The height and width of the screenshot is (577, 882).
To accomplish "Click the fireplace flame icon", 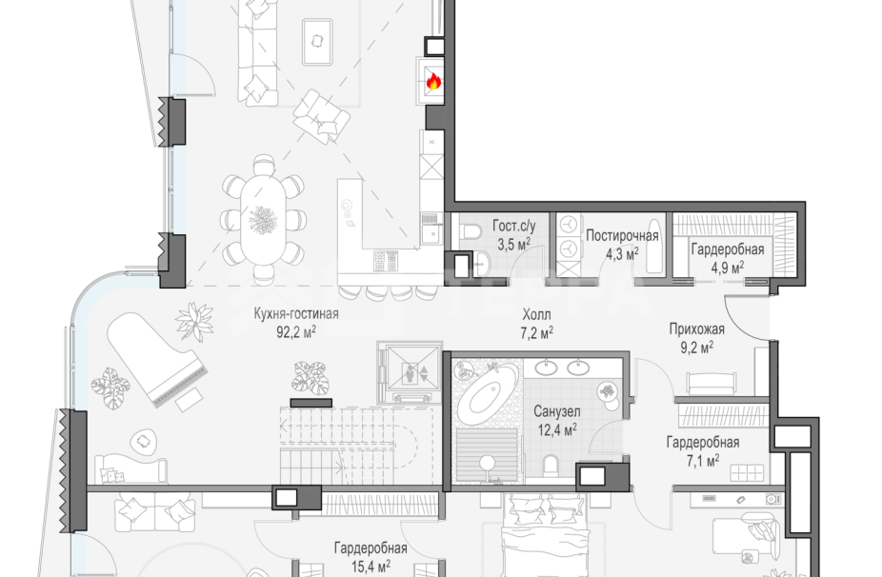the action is [x=432, y=82].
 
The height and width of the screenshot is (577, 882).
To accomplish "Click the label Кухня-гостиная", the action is [x=296, y=313].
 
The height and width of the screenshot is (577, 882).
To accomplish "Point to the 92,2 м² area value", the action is [x=296, y=331].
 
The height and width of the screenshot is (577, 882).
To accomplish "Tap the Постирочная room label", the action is [x=622, y=235].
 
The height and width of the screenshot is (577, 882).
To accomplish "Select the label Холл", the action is [x=536, y=314].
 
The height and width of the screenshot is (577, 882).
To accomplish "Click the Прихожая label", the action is [x=697, y=328].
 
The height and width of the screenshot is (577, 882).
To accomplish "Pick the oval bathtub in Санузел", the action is [x=487, y=396].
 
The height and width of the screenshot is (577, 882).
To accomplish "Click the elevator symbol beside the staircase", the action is [x=410, y=371].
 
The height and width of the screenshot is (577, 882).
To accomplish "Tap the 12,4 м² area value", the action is [x=557, y=430].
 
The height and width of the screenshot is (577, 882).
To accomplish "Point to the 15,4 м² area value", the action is [x=371, y=566].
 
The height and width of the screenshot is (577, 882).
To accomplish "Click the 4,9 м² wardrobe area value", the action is [x=728, y=268].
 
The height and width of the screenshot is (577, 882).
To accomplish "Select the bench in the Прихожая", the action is [x=711, y=383].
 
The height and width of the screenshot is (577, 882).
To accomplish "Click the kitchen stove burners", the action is [x=386, y=261].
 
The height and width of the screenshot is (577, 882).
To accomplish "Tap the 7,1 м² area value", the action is [x=703, y=461].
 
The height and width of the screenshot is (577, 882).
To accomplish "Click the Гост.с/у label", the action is [x=514, y=226].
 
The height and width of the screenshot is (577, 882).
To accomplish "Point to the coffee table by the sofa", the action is [x=318, y=42].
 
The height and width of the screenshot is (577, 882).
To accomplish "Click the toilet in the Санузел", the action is [x=551, y=464].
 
